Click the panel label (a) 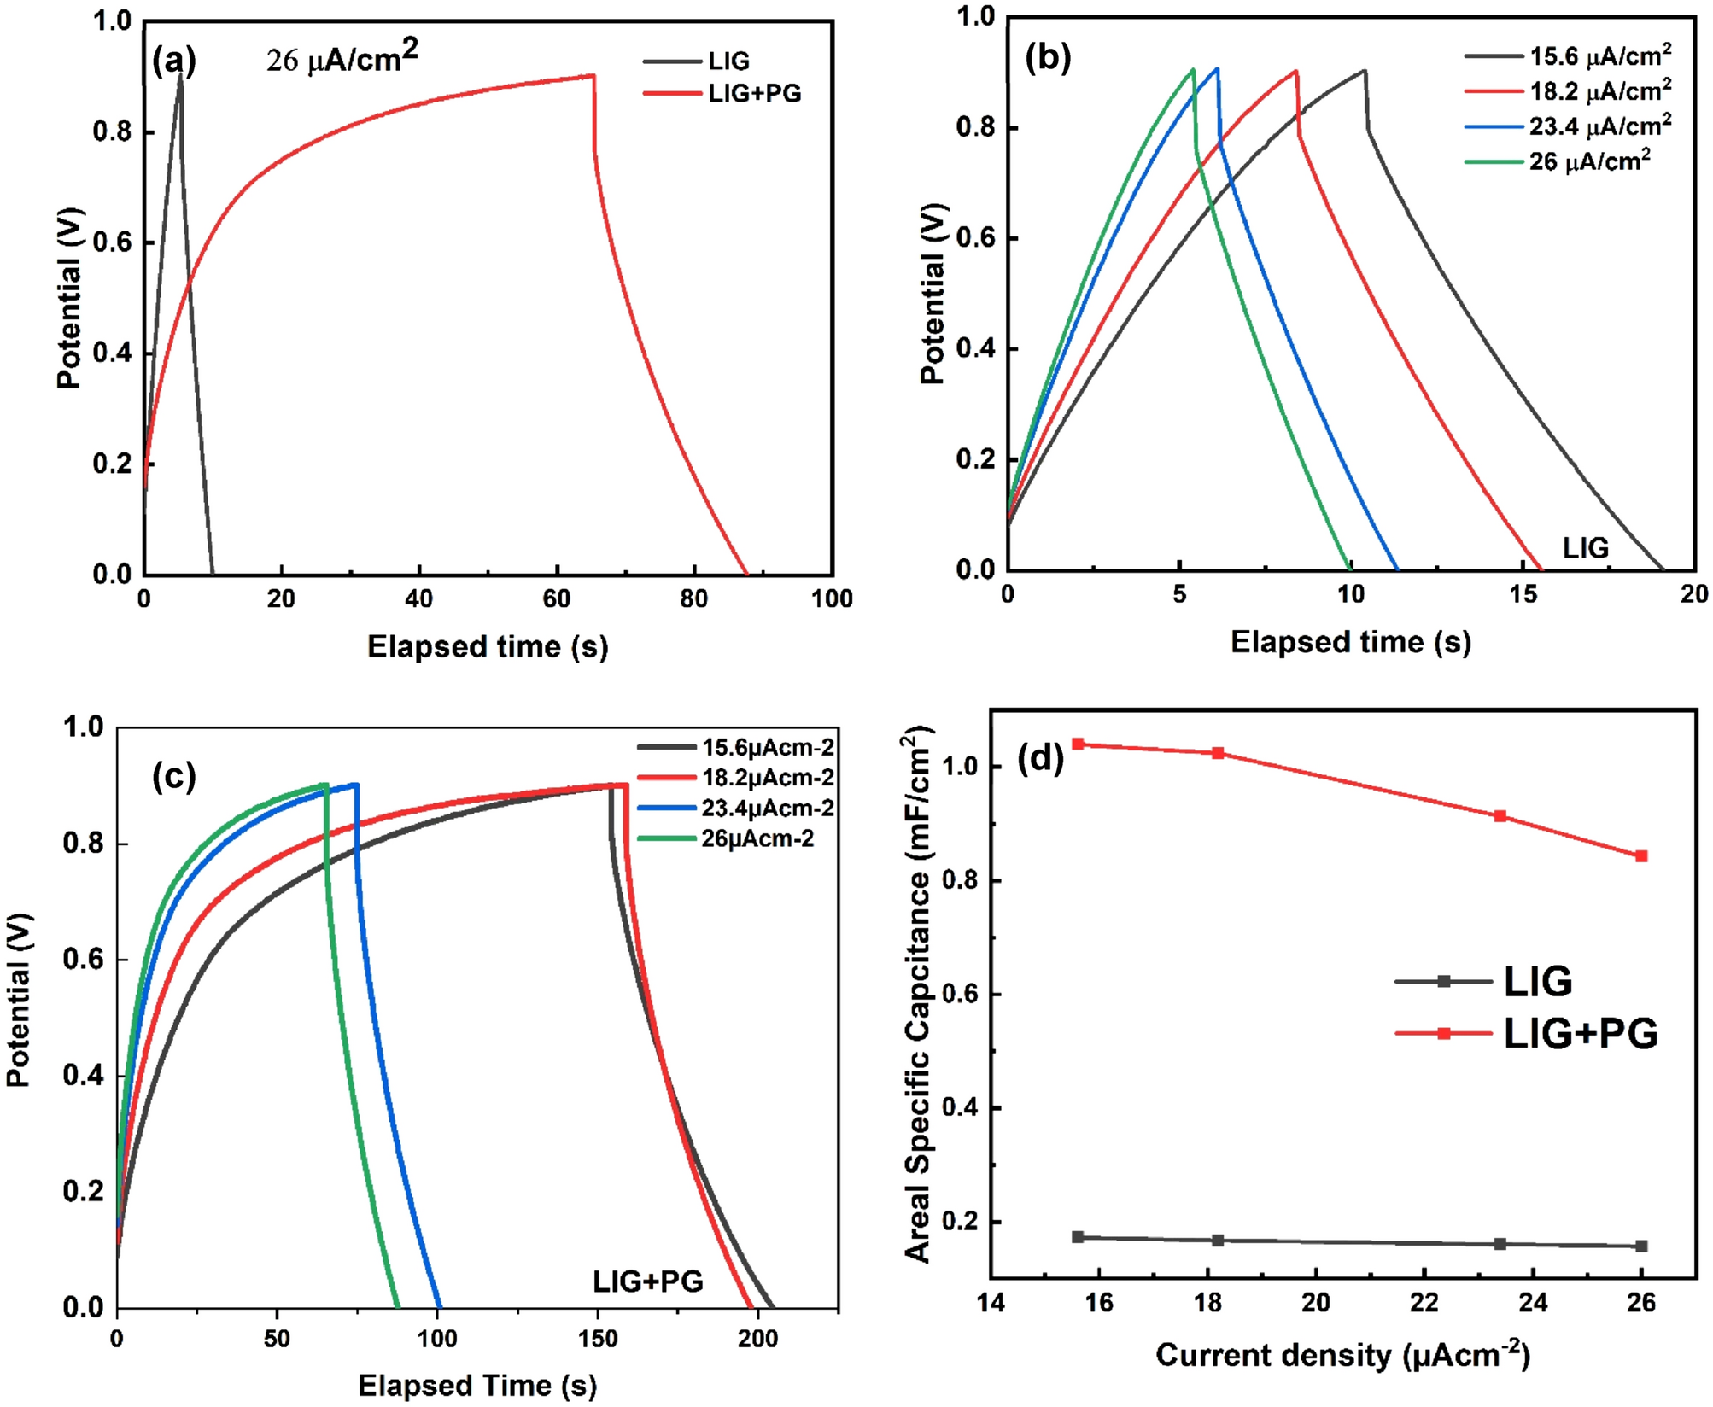coord(174,61)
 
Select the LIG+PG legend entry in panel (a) coord(754,93)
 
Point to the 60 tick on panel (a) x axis coord(557,598)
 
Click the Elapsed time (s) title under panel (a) coord(488,646)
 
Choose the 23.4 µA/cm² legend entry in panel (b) coord(1599,126)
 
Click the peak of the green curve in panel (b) coord(1192,69)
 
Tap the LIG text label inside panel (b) coord(1585,548)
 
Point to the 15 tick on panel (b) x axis coord(1523,593)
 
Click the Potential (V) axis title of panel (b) coord(934,294)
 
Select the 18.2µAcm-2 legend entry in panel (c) coord(767,778)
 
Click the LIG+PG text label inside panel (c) coord(648,1281)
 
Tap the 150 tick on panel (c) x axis coord(598,1338)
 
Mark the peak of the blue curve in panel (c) coord(355,784)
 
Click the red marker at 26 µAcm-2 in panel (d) coord(1640,856)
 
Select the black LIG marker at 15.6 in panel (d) coord(1078,1237)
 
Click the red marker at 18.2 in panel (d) coord(1219,753)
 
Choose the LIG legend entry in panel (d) coord(1537,982)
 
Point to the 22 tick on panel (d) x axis coord(1424,1302)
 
